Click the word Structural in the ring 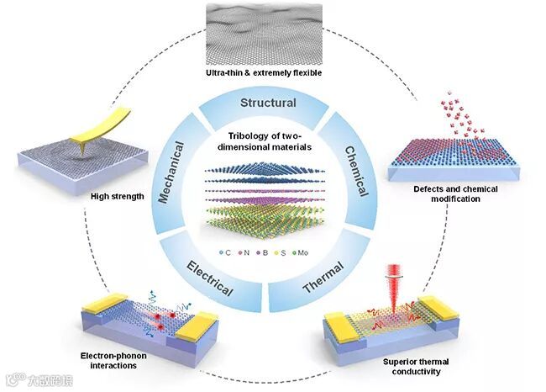pos(268,103)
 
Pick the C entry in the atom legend pos(223,252)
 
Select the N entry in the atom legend pos(244,252)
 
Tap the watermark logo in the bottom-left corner pos(34,379)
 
